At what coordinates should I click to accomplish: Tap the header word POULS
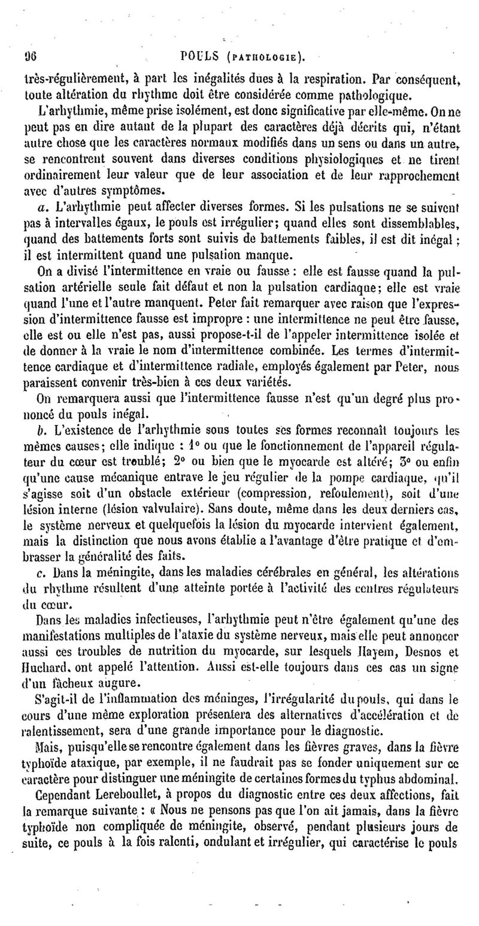pyautogui.click(x=202, y=58)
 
